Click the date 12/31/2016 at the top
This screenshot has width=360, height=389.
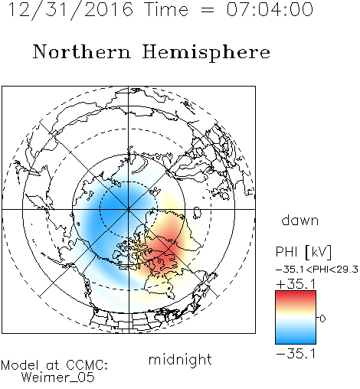pyautogui.click(x=70, y=9)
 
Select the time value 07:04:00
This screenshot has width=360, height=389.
pyautogui.click(x=270, y=9)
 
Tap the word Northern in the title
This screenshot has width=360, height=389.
pyautogui.click(x=81, y=52)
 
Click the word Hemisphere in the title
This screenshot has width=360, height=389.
pyautogui.click(x=206, y=53)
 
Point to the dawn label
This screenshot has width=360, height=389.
pyautogui.click(x=300, y=220)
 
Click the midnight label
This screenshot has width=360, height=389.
pyautogui.click(x=180, y=360)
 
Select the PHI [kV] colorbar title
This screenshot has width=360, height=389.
pyautogui.click(x=303, y=252)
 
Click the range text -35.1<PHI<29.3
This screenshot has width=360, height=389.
pyautogui.click(x=317, y=270)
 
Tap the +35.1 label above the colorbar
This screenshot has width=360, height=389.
pyautogui.click(x=296, y=284)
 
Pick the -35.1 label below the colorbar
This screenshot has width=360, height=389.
pyautogui.click(x=296, y=354)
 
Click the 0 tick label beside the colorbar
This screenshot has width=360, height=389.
pyautogui.click(x=322, y=319)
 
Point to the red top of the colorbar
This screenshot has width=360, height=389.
pyautogui.click(x=296, y=294)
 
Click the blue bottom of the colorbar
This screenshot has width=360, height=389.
pyautogui.click(x=296, y=341)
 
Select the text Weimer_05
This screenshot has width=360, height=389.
pyautogui.click(x=58, y=378)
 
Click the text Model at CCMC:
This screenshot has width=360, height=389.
pyautogui.click(x=54, y=365)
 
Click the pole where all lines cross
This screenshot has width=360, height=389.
pyautogui.click(x=129, y=209)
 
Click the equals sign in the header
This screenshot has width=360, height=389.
pyautogui.click(x=208, y=10)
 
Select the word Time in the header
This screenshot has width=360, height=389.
pyautogui.click(x=166, y=9)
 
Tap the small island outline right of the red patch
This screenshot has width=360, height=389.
pyautogui.click(x=197, y=213)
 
